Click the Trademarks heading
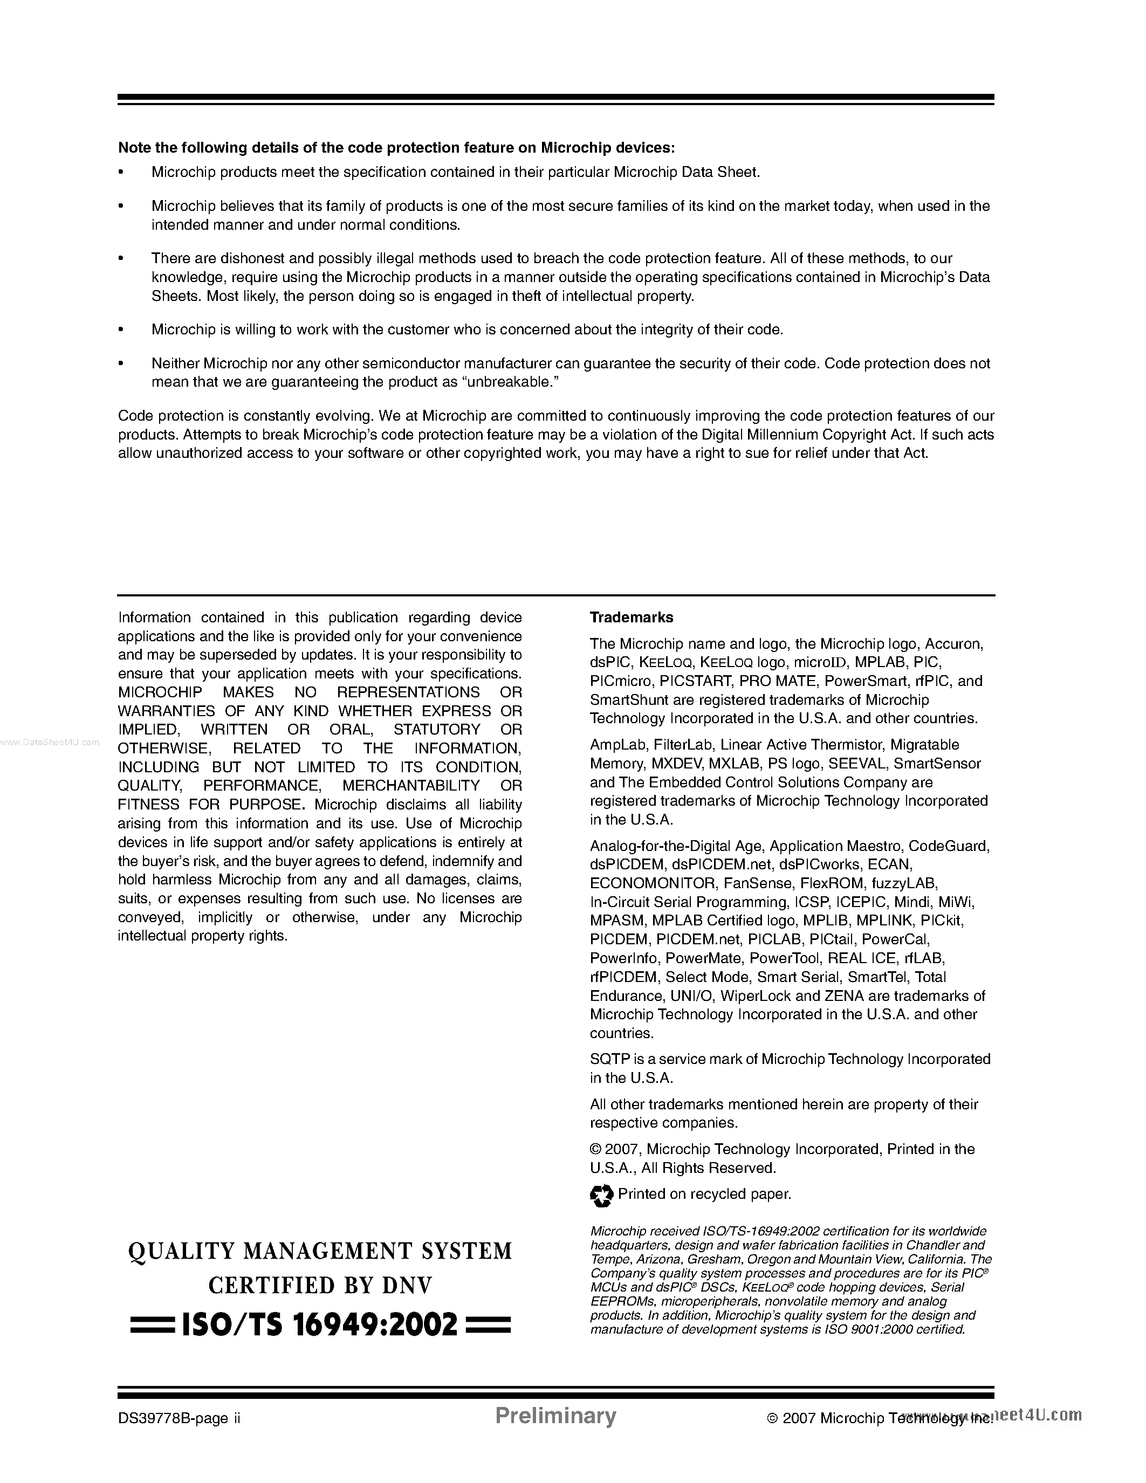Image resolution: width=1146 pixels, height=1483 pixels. [x=632, y=617]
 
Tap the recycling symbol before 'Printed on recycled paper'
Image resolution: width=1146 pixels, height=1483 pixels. [x=601, y=1195]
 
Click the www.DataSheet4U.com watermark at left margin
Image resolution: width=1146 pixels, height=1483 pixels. [x=50, y=742]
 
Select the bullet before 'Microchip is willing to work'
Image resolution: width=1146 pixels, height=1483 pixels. [x=121, y=330]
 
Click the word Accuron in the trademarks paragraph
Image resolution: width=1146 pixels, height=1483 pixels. [x=954, y=644]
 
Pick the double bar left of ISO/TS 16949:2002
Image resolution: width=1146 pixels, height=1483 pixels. [x=152, y=1325]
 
